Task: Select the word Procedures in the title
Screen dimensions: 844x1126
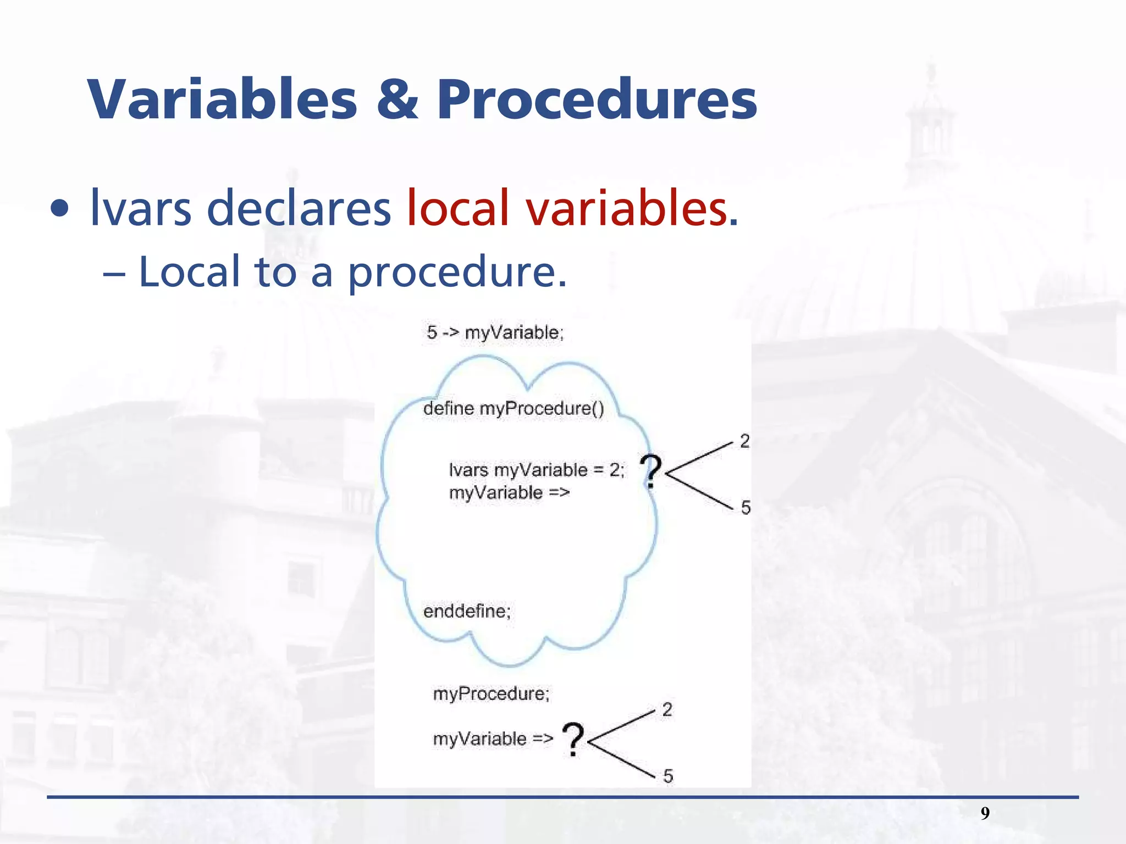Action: [x=597, y=100]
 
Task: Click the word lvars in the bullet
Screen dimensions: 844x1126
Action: [x=140, y=209]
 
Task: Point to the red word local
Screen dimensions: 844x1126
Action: [x=457, y=209]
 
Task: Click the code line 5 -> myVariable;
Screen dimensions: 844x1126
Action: [x=495, y=332]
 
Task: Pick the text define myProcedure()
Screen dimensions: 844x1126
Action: [x=514, y=408]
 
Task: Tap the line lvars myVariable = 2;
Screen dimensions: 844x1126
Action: [x=536, y=470]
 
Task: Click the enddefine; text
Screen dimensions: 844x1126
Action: [x=467, y=611]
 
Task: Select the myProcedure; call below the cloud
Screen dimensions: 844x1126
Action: [x=491, y=693]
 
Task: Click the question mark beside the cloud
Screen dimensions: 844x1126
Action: [x=651, y=471]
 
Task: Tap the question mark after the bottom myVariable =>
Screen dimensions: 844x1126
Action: [x=573, y=740]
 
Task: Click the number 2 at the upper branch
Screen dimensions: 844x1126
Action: [x=744, y=441]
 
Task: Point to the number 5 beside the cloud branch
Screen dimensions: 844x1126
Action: [x=746, y=508]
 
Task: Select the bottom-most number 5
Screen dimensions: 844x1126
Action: [x=668, y=776]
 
